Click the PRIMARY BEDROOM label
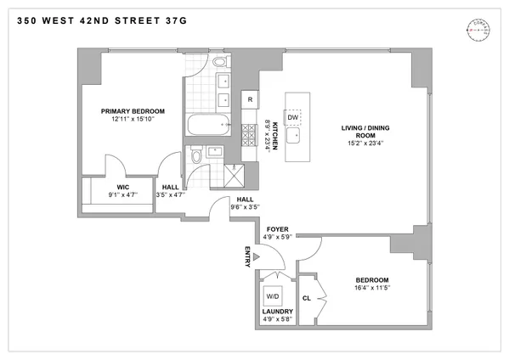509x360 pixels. [132, 111]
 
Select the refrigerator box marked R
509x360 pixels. [250, 100]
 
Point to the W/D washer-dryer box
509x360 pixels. [274, 298]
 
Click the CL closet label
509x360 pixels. [307, 298]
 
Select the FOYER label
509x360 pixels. [279, 229]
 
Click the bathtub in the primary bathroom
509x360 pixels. [208, 127]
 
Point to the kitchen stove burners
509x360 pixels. [251, 132]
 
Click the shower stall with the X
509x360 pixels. [232, 177]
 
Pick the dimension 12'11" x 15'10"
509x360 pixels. [132, 121]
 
